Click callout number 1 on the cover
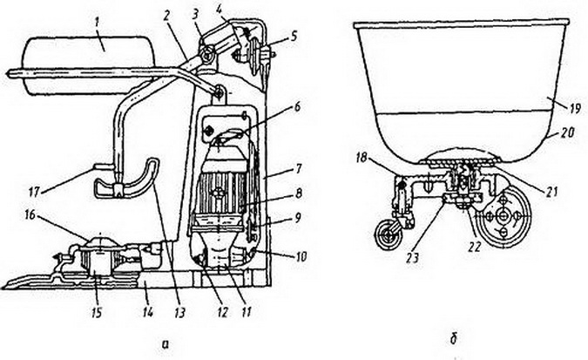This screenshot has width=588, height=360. [x=98, y=27]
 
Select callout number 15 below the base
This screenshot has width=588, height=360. [x=97, y=312]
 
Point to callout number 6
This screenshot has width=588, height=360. [x=297, y=108]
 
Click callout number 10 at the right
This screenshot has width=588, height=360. [x=301, y=257]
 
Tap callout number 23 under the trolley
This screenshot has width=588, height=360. [x=412, y=258]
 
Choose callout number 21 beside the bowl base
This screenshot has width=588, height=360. [x=551, y=192]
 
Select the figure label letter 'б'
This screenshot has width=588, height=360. [x=453, y=338]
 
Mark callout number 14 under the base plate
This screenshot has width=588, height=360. [x=148, y=311]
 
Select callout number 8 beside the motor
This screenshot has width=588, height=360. [x=298, y=194]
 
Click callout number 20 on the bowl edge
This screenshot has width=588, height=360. [x=566, y=132]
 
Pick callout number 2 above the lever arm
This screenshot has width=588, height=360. [x=166, y=16]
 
